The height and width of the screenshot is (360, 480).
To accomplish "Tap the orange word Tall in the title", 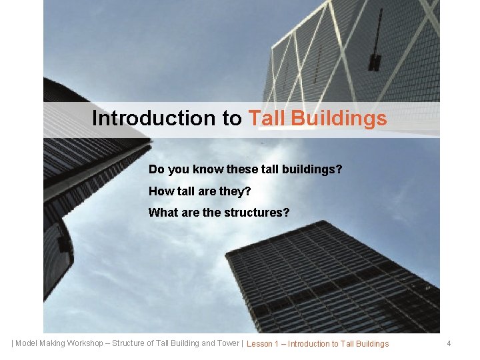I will pyautogui.click(x=269, y=118).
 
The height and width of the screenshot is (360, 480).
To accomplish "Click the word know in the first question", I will pyautogui.click(x=207, y=169).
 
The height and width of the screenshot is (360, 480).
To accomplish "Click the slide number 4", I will pyautogui.click(x=449, y=343).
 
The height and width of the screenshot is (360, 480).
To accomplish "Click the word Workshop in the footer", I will pyautogui.click(x=83, y=343).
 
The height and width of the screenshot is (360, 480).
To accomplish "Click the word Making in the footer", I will pyautogui.click(x=53, y=343).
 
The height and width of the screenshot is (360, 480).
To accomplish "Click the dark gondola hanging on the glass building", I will pyautogui.click(x=375, y=63).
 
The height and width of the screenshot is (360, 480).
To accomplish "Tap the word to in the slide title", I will pyautogui.click(x=233, y=118).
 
